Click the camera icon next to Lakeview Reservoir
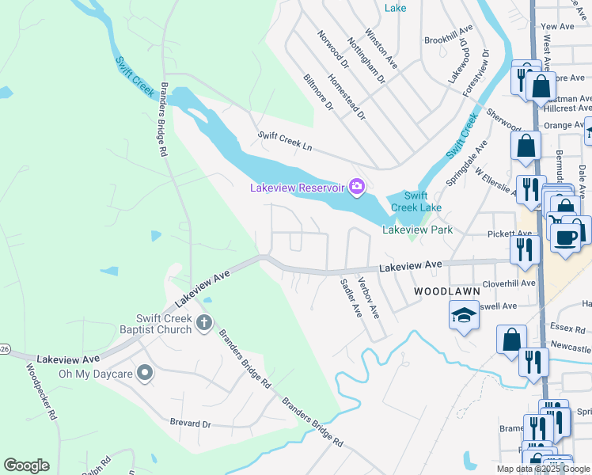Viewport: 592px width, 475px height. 357,186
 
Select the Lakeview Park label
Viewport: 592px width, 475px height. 417,230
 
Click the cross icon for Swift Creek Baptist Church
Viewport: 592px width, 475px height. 203,322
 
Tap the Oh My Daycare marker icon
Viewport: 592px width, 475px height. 144,372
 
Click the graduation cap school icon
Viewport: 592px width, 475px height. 464,316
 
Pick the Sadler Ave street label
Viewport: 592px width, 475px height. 351,298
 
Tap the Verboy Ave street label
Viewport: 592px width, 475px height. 368,298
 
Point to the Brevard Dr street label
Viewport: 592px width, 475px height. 191,424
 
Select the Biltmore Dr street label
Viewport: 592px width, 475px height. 319,93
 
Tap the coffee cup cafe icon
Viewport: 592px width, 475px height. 566,237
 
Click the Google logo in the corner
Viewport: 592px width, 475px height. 26,465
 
